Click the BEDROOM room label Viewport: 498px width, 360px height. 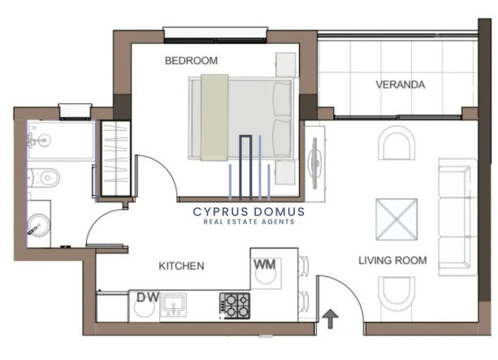click(x=191, y=61)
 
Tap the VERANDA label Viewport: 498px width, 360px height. click(x=401, y=85)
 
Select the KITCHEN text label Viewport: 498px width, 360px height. click(x=181, y=266)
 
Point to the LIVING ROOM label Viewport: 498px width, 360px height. click(x=392, y=261)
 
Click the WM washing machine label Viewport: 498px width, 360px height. click(x=265, y=264)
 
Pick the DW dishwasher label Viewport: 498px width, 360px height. click(x=148, y=297)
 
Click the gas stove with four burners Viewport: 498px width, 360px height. click(x=235, y=306)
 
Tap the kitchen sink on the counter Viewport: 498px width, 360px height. click(x=173, y=305)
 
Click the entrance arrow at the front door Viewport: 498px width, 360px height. click(x=330, y=319)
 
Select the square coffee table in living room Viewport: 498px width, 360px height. click(x=396, y=219)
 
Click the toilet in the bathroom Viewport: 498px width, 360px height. click(x=44, y=178)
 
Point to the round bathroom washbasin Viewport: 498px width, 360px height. click(x=39, y=225)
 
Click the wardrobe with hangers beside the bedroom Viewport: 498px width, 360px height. click(x=115, y=158)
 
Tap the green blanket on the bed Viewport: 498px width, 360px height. click(x=214, y=117)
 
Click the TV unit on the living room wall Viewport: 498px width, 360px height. click(x=314, y=163)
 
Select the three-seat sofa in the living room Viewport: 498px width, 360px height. click(x=457, y=217)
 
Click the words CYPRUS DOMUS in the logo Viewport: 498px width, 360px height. click(x=249, y=212)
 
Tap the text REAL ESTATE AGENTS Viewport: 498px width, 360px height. click(x=249, y=222)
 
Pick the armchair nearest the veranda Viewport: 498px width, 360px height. click(x=396, y=143)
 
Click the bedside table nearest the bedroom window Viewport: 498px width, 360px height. click(x=286, y=65)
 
